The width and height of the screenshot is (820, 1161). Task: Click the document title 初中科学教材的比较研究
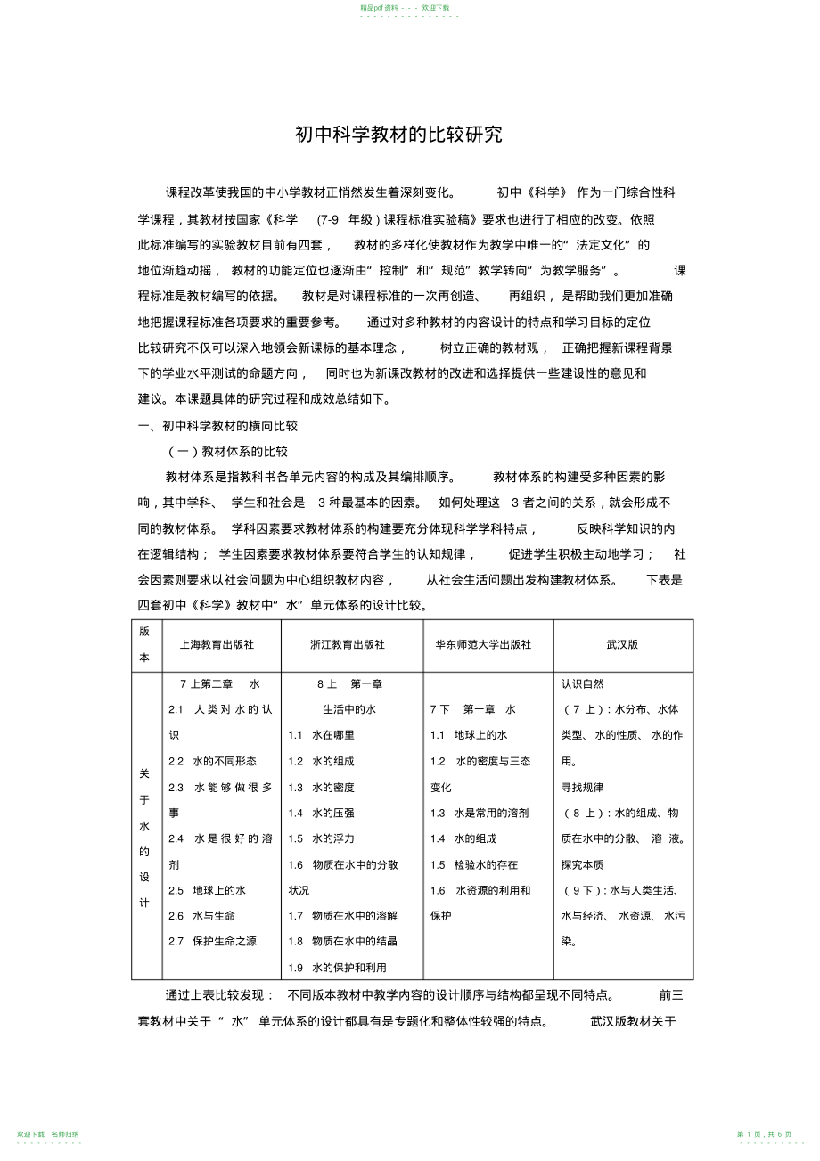click(398, 135)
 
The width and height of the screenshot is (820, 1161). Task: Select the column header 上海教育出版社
click(217, 644)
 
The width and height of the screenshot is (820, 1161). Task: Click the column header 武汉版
click(622, 644)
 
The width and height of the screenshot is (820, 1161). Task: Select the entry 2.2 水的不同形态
click(212, 761)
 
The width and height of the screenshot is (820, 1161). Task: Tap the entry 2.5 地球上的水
click(207, 890)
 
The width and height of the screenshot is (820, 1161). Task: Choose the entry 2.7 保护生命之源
click(212, 941)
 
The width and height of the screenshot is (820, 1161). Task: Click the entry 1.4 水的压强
click(321, 813)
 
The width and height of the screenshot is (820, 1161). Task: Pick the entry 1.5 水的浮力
click(321, 838)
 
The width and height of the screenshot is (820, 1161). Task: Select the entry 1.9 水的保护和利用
click(337, 968)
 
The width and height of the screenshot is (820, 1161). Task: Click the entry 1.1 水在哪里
click(321, 735)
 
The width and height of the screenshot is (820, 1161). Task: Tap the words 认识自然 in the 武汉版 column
click(582, 684)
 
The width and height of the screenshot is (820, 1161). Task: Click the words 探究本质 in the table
click(582, 864)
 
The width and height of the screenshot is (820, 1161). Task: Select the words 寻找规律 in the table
click(582, 787)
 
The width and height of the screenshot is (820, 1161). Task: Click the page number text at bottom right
click(764, 1133)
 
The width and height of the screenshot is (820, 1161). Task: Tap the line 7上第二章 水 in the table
click(219, 684)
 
